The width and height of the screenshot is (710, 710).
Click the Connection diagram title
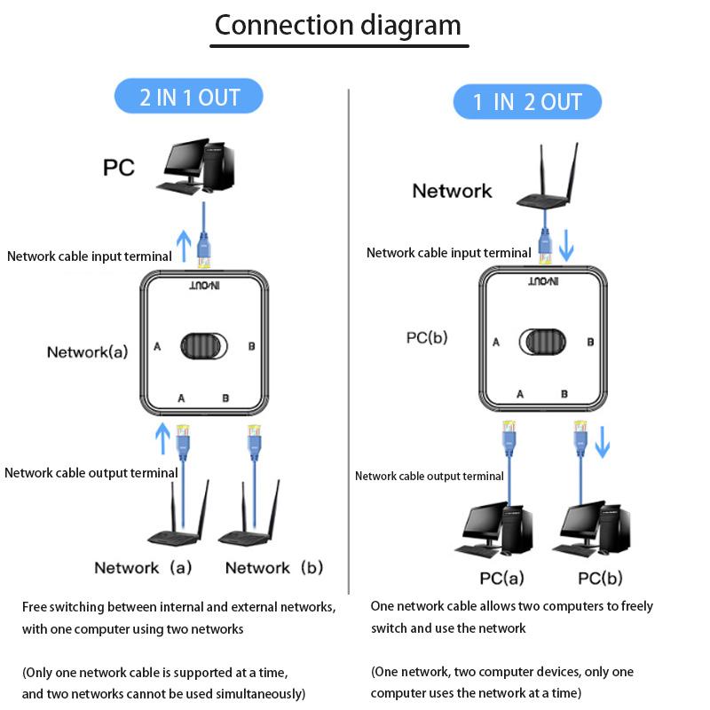338,25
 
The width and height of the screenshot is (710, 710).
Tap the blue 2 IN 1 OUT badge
189,96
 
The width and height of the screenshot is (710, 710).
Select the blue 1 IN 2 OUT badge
527,102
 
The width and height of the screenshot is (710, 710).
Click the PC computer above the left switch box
197,167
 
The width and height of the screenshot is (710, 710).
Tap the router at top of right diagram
545,191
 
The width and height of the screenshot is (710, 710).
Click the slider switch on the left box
203,346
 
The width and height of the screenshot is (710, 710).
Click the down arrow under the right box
603,441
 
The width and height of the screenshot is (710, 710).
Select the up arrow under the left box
162,438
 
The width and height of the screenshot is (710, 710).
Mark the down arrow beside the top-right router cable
566,246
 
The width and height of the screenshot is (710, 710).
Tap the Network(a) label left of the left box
87,351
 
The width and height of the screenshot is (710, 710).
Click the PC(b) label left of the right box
427,337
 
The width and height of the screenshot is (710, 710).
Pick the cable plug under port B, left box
254,439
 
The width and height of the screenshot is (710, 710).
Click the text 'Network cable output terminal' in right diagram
430,477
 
